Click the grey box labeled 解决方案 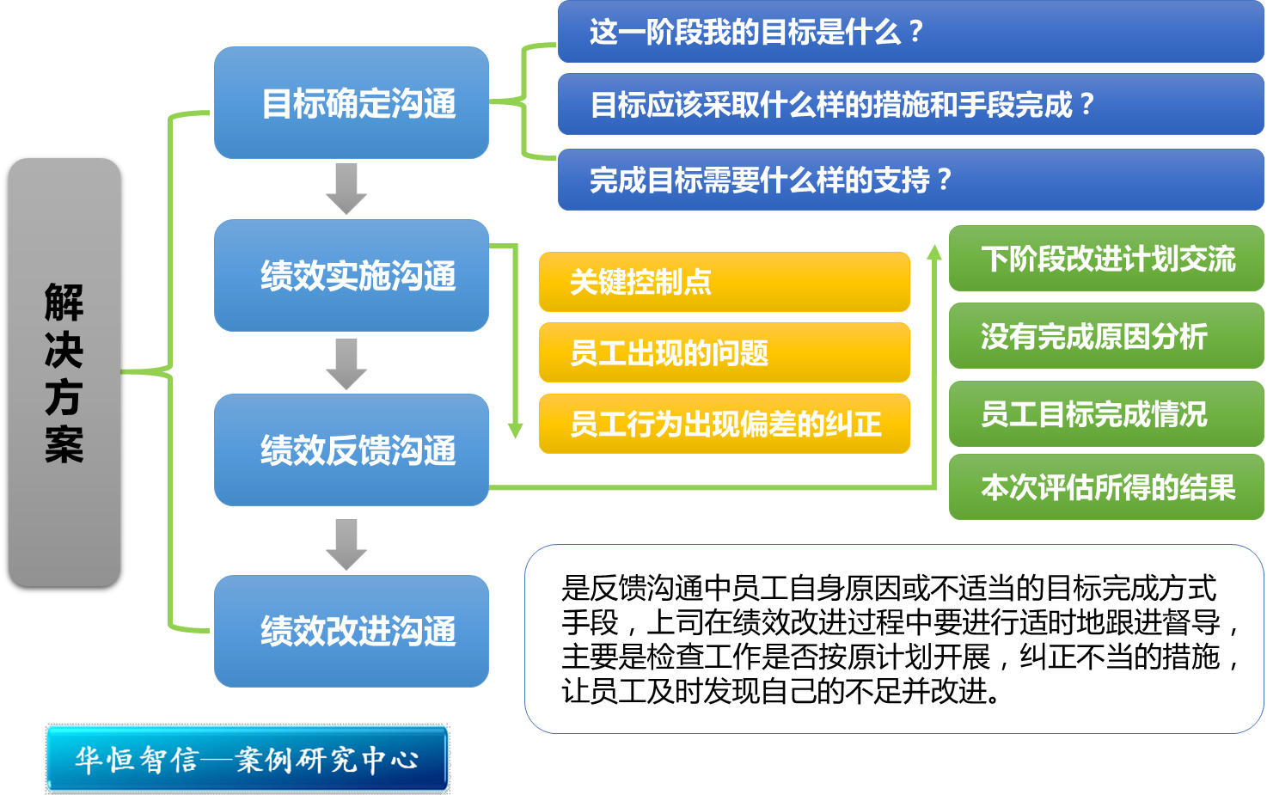tap(64, 373)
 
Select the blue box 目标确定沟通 tap(352, 103)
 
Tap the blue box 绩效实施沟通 tap(352, 275)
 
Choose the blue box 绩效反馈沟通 tap(352, 449)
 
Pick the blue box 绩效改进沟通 tap(352, 631)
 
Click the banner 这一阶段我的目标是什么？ tap(910, 32)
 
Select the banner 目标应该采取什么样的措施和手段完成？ tap(910, 104)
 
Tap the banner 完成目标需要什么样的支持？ tap(910, 180)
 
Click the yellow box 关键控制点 tap(725, 282)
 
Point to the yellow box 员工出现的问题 tap(725, 352)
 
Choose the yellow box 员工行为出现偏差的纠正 tap(725, 424)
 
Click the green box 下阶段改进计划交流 tap(1106, 259)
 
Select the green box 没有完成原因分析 tap(1106, 336)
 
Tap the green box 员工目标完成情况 tap(1106, 414)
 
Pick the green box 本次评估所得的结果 tap(1106, 486)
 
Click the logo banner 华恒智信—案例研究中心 tap(248, 759)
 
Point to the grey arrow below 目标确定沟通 tap(346, 189)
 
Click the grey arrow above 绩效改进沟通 tap(346, 545)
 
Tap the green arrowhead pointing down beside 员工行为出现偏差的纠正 tap(515, 431)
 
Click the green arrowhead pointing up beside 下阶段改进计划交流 tap(933, 253)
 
